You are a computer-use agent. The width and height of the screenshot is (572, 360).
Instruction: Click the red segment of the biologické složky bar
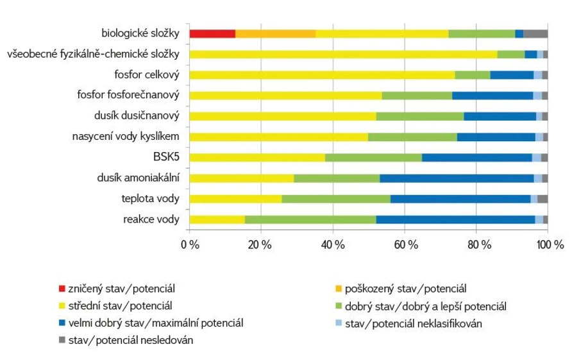coord(212,34)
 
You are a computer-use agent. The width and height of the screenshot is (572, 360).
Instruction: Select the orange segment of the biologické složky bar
coord(275,34)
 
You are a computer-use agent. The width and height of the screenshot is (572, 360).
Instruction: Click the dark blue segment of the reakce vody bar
coord(455,220)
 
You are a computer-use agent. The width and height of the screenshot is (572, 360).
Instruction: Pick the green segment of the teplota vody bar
coord(335,199)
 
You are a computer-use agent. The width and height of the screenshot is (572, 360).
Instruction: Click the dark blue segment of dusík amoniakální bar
coord(457,178)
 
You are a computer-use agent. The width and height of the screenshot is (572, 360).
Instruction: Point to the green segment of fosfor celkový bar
coord(472,75)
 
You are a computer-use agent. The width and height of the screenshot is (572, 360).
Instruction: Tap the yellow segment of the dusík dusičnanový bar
coord(282,116)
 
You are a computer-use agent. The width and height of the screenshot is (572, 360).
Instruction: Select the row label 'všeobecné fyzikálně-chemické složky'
coord(93,54)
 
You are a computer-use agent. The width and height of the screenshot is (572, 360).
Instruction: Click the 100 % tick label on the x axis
coord(549,244)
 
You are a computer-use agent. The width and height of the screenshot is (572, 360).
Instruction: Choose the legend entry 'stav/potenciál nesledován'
coord(122,340)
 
